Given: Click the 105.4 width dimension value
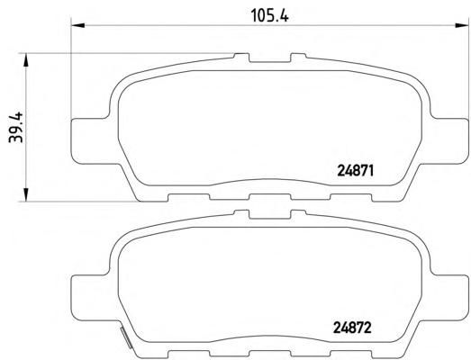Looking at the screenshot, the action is [270, 15].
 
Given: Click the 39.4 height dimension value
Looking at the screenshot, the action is [15, 127].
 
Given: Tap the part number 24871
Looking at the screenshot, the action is [356, 171].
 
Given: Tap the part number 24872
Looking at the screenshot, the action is [353, 328].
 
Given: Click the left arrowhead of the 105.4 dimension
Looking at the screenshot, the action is [78, 25].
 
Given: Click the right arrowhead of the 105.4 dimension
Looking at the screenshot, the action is [462, 25].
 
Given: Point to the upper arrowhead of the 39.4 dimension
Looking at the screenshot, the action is [26, 60].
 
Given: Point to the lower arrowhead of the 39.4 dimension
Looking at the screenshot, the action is [26, 194].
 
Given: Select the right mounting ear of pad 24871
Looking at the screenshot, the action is [448, 141].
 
